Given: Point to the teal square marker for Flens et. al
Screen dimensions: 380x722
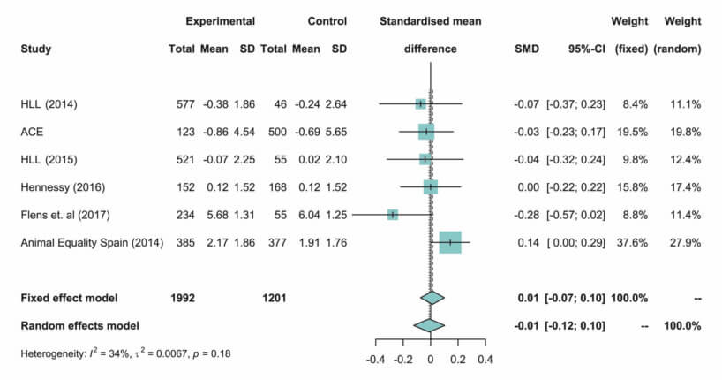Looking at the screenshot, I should pos(393,215).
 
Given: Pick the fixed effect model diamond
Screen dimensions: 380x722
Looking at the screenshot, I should pos(431,298).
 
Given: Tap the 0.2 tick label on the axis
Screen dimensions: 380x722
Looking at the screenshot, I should pos(457,361).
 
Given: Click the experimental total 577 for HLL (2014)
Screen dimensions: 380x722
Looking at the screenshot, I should pos(185,104).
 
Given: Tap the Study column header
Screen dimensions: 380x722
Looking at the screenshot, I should pos(35,49).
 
